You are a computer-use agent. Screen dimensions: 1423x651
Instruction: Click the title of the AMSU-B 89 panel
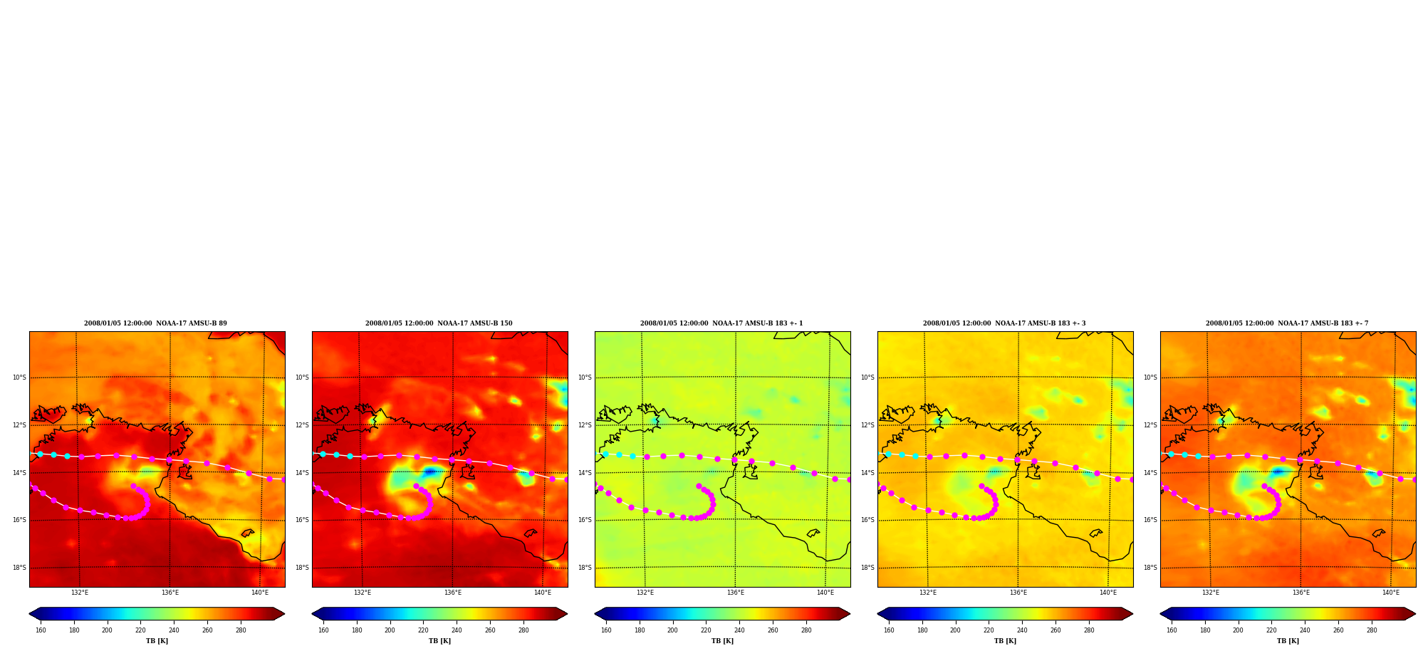click(155, 323)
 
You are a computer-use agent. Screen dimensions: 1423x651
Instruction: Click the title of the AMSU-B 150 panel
click(439, 323)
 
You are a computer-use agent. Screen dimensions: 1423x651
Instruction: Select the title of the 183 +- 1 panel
click(721, 323)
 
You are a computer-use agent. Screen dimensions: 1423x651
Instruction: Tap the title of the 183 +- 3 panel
click(1004, 323)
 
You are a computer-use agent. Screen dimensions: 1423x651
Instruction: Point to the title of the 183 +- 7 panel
click(1287, 323)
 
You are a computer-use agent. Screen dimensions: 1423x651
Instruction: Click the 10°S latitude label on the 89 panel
click(19, 377)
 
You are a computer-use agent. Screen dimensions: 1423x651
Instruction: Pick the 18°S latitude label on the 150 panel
click(302, 568)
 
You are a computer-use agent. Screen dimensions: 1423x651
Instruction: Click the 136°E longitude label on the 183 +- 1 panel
click(736, 593)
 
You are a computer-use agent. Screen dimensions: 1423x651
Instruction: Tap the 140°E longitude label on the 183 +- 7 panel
click(1391, 593)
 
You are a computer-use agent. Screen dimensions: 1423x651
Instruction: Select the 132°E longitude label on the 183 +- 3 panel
click(928, 593)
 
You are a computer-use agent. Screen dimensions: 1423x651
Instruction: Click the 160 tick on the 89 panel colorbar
click(41, 630)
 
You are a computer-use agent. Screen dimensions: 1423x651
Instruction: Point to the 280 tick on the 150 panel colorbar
click(523, 630)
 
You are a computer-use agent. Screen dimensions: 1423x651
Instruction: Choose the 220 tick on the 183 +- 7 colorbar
click(1271, 630)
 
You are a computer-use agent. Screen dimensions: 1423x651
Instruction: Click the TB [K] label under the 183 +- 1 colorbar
click(722, 641)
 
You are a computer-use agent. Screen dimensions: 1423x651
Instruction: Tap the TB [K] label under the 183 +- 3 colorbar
click(1005, 641)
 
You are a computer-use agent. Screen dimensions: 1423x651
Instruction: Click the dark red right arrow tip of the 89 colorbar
click(284, 614)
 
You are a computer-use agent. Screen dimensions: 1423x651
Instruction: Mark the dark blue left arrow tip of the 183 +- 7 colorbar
click(1161, 614)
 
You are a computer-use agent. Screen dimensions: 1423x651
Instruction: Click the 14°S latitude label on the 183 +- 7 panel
click(1150, 473)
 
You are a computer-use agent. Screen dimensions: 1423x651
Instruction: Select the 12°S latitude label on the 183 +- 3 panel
click(867, 425)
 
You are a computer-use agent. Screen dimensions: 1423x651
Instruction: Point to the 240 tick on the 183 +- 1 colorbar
click(739, 630)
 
